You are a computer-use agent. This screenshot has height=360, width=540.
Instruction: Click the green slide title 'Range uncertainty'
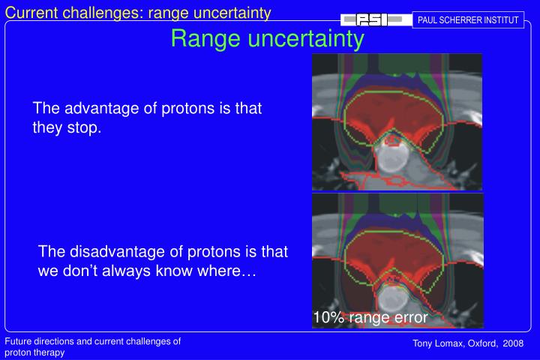(x=267, y=39)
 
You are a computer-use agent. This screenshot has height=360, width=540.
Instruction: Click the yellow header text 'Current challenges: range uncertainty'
(x=138, y=10)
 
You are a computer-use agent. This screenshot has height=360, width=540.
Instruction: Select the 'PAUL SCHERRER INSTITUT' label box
(x=468, y=19)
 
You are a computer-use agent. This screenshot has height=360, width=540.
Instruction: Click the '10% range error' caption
(x=370, y=318)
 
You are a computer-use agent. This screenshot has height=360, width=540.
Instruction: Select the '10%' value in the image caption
(x=327, y=318)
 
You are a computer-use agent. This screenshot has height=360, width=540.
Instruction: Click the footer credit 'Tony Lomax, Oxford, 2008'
(x=469, y=343)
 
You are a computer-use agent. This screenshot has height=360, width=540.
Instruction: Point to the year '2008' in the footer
(x=514, y=343)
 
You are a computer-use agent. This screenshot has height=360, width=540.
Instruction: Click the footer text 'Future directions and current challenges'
(x=93, y=341)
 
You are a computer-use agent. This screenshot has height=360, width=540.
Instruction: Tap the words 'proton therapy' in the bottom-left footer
(x=34, y=352)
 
